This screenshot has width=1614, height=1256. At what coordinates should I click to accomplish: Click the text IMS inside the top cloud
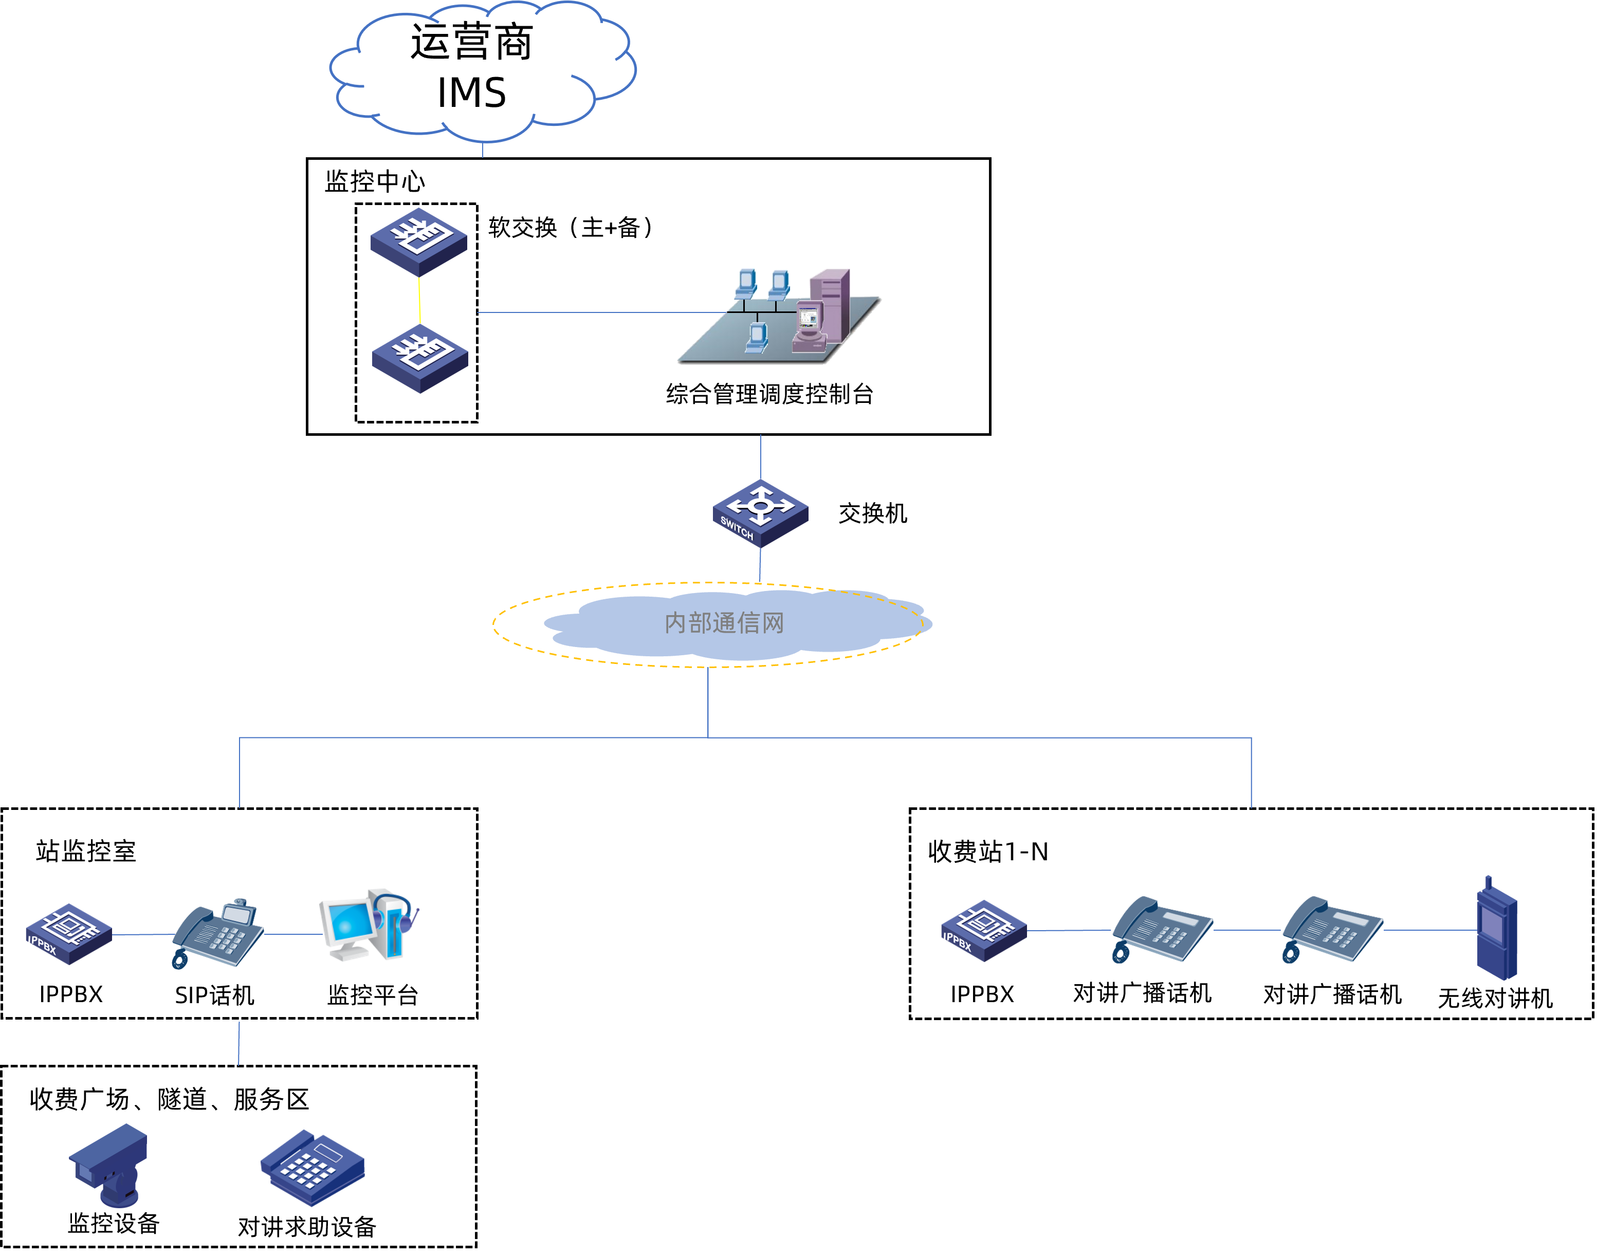(x=471, y=93)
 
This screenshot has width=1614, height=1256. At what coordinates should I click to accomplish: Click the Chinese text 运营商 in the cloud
(x=471, y=42)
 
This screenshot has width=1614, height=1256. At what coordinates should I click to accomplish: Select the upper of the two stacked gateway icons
(x=418, y=241)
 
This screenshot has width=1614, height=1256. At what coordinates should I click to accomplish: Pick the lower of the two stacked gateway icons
(x=420, y=358)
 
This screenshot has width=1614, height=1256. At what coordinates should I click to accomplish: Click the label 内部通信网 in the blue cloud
(x=724, y=623)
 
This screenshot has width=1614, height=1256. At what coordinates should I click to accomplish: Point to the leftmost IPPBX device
(x=69, y=933)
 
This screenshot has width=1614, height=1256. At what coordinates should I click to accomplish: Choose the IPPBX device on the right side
(x=984, y=930)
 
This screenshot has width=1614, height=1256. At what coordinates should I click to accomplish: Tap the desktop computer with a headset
(x=368, y=925)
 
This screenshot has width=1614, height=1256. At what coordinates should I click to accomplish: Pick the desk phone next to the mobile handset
(x=1332, y=930)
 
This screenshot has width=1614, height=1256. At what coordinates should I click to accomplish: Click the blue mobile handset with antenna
(x=1496, y=931)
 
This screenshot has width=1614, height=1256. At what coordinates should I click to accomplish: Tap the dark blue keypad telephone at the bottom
(x=313, y=1167)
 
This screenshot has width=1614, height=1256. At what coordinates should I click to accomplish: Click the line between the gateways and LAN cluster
(x=591, y=312)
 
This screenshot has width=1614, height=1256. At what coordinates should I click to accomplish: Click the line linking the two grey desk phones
(x=1248, y=930)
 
